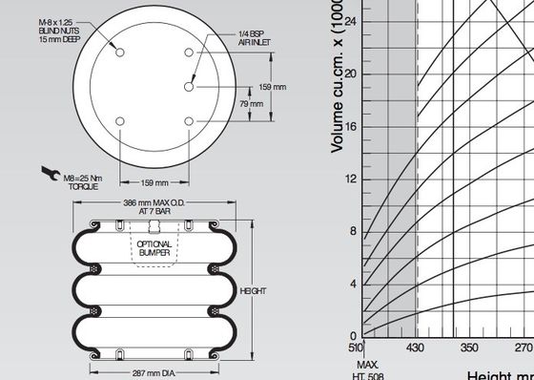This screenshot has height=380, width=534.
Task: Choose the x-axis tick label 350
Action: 469,349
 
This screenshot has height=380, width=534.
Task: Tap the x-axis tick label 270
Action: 524,349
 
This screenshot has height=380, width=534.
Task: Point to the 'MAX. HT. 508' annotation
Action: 368,369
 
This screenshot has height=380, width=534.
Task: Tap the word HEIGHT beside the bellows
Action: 254,290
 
